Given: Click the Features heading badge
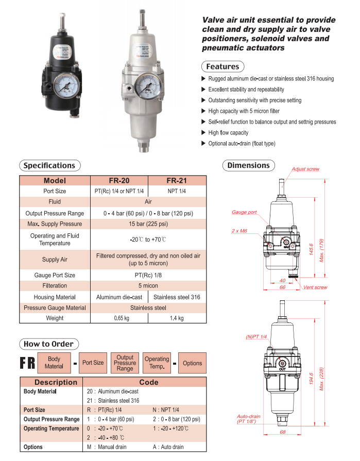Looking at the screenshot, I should pyautogui.click(x=222, y=66).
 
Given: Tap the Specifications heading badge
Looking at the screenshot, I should pyautogui.click(x=49, y=165).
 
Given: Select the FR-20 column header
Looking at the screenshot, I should pyautogui.click(x=119, y=181).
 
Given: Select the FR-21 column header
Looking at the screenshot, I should pyautogui.click(x=177, y=181).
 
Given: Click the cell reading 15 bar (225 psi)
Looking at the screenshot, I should pyautogui.click(x=148, y=224).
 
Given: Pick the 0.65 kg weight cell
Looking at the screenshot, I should pyautogui.click(x=119, y=318).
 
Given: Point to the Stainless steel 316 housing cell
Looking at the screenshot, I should pyautogui.click(x=177, y=297).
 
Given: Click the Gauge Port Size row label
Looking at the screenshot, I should pyautogui.click(x=55, y=275).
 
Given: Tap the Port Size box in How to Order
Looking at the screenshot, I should pyautogui.click(x=93, y=363).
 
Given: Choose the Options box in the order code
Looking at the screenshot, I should pyautogui.click(x=192, y=363).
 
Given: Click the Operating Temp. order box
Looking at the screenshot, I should pyautogui.click(x=157, y=363).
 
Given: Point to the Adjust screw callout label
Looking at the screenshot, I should pyautogui.click(x=305, y=169).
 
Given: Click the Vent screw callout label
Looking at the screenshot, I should pyautogui.click(x=315, y=287).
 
